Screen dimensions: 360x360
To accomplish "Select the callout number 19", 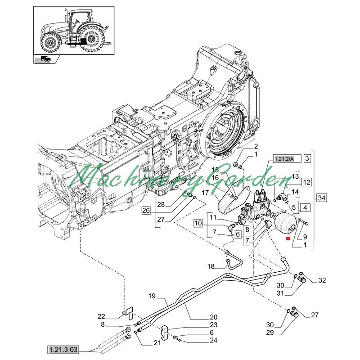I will (151, 296).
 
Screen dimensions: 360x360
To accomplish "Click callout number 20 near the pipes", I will (213, 316).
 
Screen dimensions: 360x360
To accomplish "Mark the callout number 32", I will (321, 280).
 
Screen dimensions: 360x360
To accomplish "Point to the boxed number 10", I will (198, 223).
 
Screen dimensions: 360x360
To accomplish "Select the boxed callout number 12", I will (306, 183).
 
